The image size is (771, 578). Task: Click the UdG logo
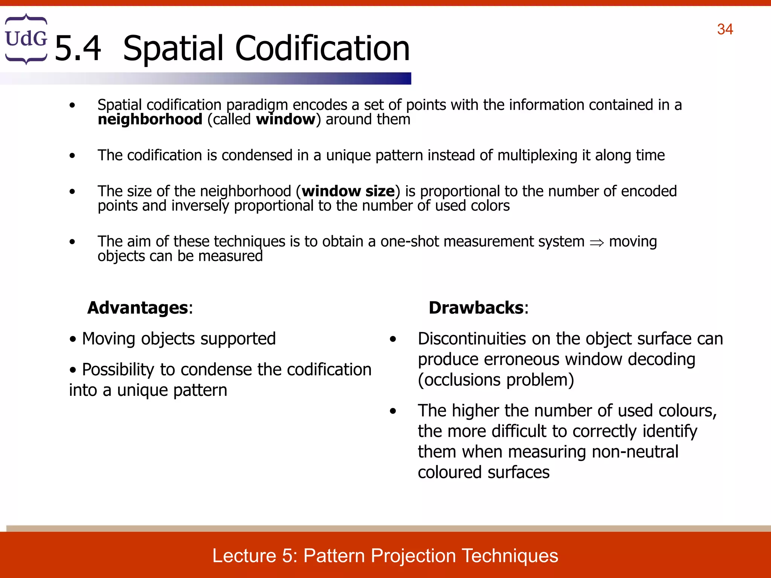(x=26, y=39)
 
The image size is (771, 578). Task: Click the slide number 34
(x=725, y=29)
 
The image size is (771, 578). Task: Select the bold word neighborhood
(x=150, y=120)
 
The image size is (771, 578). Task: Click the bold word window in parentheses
(x=285, y=120)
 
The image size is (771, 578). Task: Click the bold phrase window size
(x=348, y=191)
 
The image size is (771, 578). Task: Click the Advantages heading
(x=138, y=308)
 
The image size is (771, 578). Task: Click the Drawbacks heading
(x=476, y=308)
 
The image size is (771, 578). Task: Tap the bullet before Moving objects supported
(x=73, y=339)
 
